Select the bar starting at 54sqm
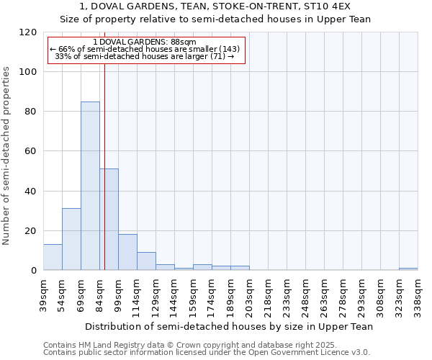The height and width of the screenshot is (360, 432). click(71, 239)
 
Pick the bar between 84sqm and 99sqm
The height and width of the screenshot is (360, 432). click(109, 220)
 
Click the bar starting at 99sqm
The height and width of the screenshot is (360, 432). click(127, 252)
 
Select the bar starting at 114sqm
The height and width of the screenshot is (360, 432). click(146, 261)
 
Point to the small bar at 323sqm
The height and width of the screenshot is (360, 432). click(408, 269)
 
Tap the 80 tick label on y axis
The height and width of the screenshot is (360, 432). click(30, 112)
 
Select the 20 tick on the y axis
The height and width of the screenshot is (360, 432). click(30, 231)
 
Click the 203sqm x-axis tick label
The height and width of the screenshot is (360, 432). click(249, 294)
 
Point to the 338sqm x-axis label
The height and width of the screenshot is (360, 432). click(418, 294)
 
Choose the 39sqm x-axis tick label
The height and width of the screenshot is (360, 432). click(43, 292)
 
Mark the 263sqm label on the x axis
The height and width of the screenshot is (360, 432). click(324, 294)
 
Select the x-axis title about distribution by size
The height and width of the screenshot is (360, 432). click(229, 326)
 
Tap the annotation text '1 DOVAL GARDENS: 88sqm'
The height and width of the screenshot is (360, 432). click(145, 42)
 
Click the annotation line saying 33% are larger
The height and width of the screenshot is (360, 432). click(145, 56)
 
